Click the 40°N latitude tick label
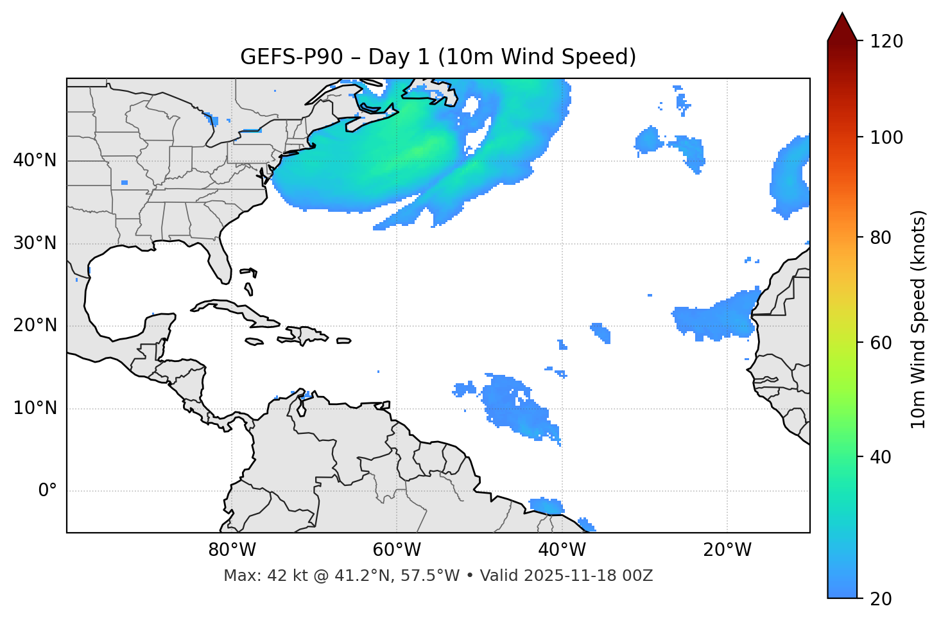tap(35, 160)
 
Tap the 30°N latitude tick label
tap(35, 243)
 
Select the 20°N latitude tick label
tap(35, 325)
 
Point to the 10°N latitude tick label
tap(35, 408)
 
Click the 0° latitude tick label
tap(47, 491)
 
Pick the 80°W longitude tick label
tap(232, 550)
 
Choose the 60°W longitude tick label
tap(397, 550)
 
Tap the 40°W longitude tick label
tap(562, 550)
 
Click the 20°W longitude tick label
tap(727, 550)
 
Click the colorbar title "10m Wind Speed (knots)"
tap(919, 320)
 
